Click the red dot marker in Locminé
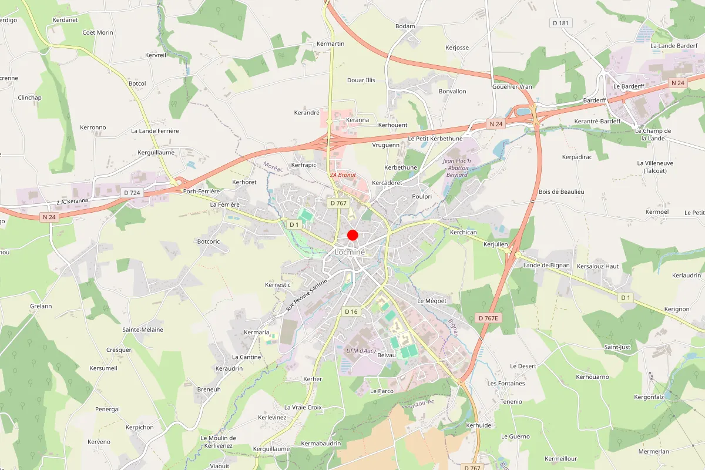(x=352, y=235)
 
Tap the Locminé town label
(x=350, y=252)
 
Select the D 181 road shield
(x=561, y=23)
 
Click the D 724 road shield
(x=132, y=193)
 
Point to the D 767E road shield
(x=488, y=318)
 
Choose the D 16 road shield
(x=351, y=311)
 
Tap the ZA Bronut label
(x=343, y=175)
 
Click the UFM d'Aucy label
(x=361, y=351)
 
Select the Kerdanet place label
(x=65, y=20)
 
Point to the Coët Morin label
(x=98, y=33)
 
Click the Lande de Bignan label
(x=546, y=266)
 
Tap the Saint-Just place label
(x=617, y=347)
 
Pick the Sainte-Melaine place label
(x=143, y=330)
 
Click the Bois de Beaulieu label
(x=562, y=192)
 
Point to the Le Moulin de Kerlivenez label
(x=218, y=442)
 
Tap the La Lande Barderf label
(x=674, y=46)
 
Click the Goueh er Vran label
(x=512, y=86)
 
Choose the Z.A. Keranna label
(x=72, y=202)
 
